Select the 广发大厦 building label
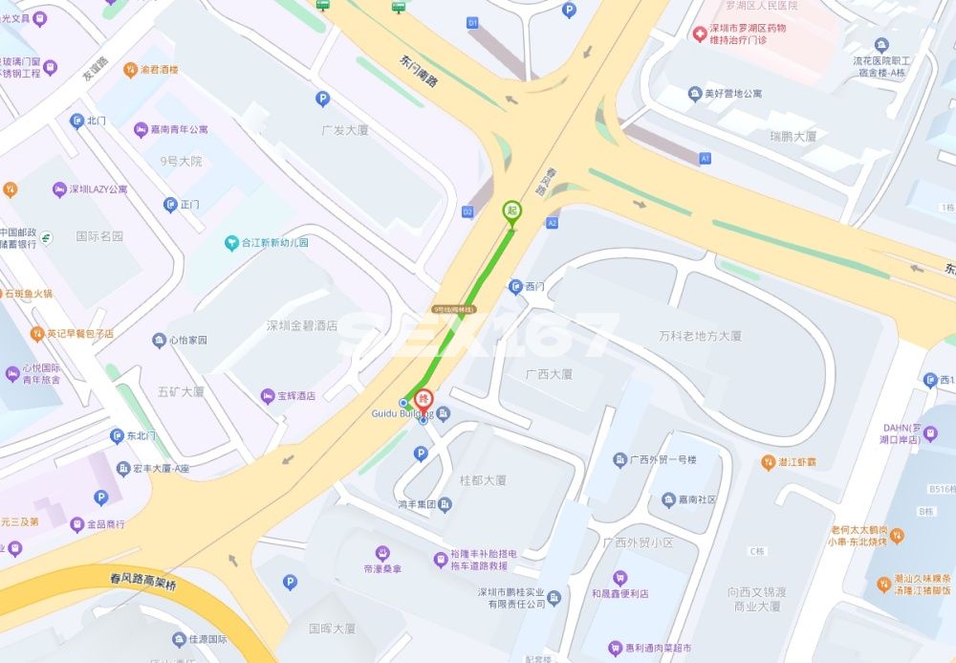click(345, 129)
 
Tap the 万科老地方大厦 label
click(700, 336)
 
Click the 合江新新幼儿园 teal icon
click(231, 243)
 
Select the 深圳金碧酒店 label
click(302, 325)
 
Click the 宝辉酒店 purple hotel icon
click(267, 395)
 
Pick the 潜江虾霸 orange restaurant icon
click(768, 462)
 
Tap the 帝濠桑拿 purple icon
click(382, 553)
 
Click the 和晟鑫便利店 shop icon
click(619, 578)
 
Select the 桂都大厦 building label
click(483, 480)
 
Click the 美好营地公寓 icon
click(695, 94)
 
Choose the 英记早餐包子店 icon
click(37, 334)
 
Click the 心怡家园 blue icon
click(159, 341)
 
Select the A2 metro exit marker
click(552, 222)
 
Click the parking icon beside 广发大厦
click(322, 98)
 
